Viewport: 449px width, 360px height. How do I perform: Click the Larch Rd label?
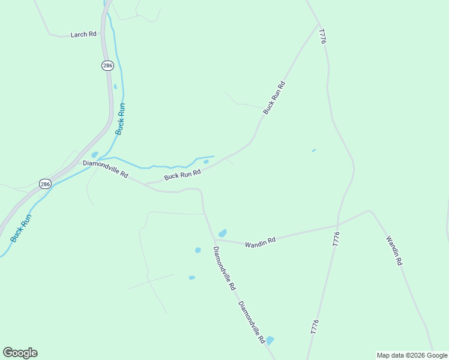[x=83, y=34]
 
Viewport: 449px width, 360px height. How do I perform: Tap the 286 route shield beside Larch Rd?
[x=107, y=65]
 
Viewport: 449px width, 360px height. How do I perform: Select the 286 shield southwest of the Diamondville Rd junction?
[x=46, y=184]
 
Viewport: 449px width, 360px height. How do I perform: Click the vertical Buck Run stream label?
[x=121, y=119]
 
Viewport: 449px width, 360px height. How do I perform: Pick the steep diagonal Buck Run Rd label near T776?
[x=273, y=98]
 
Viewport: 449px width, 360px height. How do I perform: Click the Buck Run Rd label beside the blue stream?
[x=182, y=175]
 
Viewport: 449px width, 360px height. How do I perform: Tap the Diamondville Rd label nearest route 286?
[x=106, y=169]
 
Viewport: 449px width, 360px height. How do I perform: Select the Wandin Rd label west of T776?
[x=260, y=242]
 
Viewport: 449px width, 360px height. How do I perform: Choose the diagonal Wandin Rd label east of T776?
[x=394, y=251]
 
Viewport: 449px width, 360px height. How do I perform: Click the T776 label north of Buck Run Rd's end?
[x=322, y=36]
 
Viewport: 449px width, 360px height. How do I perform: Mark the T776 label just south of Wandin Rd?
[x=336, y=238]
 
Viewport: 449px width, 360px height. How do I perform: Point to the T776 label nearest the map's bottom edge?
[x=315, y=326]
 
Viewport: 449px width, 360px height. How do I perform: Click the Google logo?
[x=20, y=353]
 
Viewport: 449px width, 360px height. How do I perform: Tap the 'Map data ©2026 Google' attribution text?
[x=412, y=355]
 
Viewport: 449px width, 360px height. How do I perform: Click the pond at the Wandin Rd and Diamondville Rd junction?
[x=223, y=233]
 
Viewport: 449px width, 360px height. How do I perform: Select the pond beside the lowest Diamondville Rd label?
[x=270, y=340]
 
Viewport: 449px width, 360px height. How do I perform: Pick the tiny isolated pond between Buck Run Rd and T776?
[x=313, y=150]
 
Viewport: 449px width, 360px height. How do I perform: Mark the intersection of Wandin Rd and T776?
[x=338, y=226]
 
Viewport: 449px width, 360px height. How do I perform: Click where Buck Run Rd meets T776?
[x=317, y=24]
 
